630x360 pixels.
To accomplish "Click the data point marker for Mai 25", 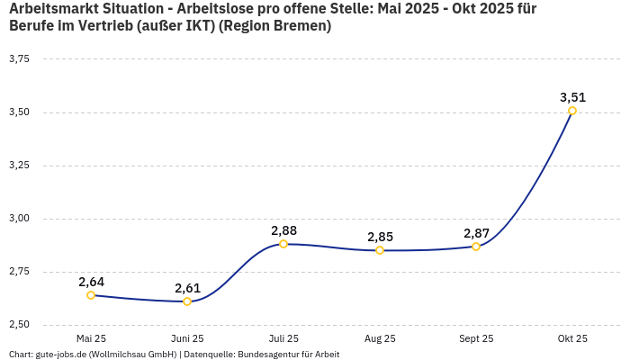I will pyautogui.click(x=91, y=295).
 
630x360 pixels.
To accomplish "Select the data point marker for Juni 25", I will pyautogui.click(x=187, y=301).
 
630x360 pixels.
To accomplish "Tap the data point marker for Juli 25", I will pyautogui.click(x=283, y=244).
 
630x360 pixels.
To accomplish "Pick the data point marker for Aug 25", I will pyautogui.click(x=380, y=250).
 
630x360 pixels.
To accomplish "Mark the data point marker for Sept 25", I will pyautogui.click(x=476, y=247).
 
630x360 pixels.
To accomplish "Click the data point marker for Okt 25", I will pyautogui.click(x=572, y=111).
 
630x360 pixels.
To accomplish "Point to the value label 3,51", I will pyautogui.click(x=572, y=97).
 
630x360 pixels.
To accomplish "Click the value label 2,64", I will pyautogui.click(x=91, y=282).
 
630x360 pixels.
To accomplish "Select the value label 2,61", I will pyautogui.click(x=187, y=288).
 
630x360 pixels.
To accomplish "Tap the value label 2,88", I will pyautogui.click(x=283, y=230).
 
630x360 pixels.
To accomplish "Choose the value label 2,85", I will pyautogui.click(x=380, y=237).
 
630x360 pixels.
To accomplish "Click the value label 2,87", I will pyautogui.click(x=476, y=233).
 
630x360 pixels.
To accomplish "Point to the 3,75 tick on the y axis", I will pyautogui.click(x=19, y=58).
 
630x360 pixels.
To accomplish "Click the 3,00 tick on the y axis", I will pyautogui.click(x=19, y=219).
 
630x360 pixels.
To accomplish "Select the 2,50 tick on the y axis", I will pyautogui.click(x=19, y=325).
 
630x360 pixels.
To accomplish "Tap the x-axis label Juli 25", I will pyautogui.click(x=283, y=339).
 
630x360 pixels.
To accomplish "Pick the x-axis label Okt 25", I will pyautogui.click(x=572, y=339).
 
